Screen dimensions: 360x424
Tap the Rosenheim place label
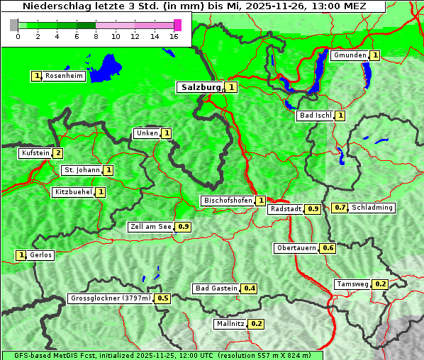[x=64, y=76]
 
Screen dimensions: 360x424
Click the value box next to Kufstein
[x=58, y=153]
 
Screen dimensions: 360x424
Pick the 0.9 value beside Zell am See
[x=184, y=227]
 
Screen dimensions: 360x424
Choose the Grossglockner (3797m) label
[x=111, y=298]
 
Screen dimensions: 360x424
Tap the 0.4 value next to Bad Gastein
[x=250, y=288]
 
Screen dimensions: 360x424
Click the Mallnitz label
[x=230, y=324]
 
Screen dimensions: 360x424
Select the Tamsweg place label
[x=352, y=284]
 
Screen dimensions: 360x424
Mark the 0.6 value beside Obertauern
[x=328, y=248]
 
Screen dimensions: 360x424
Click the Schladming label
[x=372, y=208]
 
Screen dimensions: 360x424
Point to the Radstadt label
[x=285, y=209]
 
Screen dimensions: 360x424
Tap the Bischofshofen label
[x=228, y=201]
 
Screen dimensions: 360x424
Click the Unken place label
[x=147, y=133]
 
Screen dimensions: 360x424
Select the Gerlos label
[x=41, y=255]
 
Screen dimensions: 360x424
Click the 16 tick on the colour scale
[x=174, y=36]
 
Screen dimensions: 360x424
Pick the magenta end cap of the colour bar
[x=177, y=25]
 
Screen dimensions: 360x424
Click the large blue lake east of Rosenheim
[x=106, y=67]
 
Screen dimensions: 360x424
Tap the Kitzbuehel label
[x=73, y=192]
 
